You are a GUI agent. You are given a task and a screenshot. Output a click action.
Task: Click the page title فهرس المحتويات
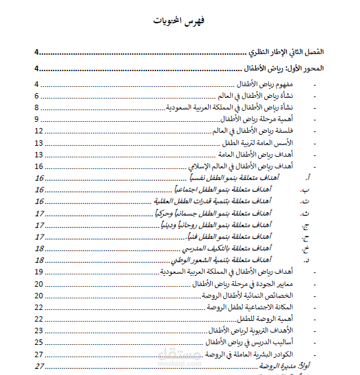(180, 20)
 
